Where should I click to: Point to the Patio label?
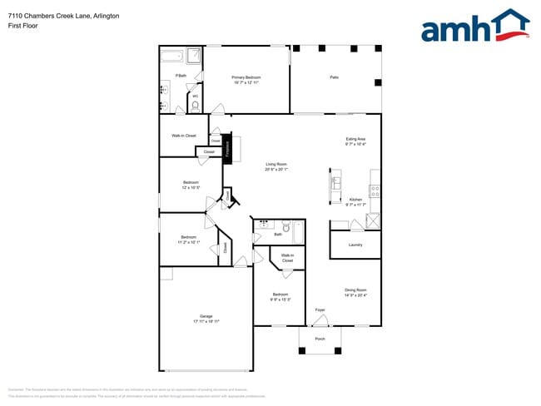pyautogui.click(x=334, y=77)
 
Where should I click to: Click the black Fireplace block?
pyautogui.click(x=226, y=149)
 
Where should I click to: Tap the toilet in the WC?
pyautogui.click(x=195, y=106)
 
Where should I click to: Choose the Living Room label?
pyautogui.click(x=276, y=166)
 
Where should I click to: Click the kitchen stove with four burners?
pyautogui.click(x=375, y=190)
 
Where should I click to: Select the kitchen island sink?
pyautogui.click(x=335, y=182)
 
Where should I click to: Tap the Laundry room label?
pyautogui.click(x=355, y=245)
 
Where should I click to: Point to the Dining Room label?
pyautogui.click(x=355, y=291)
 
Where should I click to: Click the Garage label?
pyautogui.click(x=206, y=318)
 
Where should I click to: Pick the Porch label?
pyautogui.click(x=320, y=339)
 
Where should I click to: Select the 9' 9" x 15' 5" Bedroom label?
pyautogui.click(x=280, y=296)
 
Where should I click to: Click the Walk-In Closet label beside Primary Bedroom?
pyautogui.click(x=184, y=135)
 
